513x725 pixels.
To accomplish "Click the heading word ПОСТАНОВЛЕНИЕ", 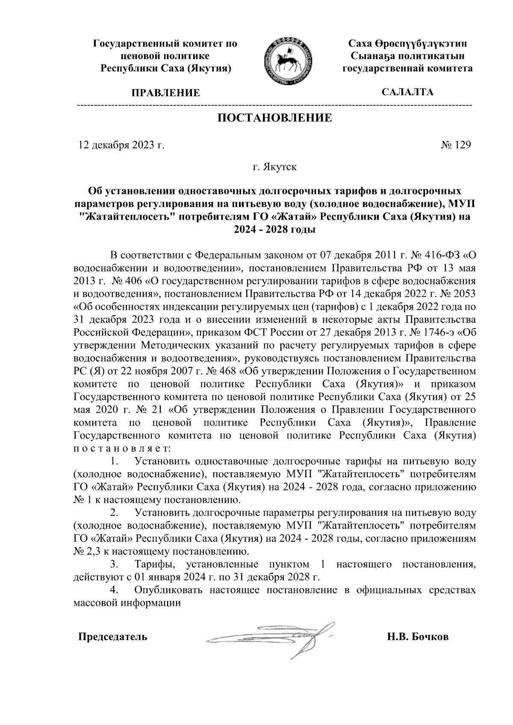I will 275,118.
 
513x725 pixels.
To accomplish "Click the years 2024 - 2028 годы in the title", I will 274,229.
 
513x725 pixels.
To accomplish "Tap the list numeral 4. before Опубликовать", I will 114,590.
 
